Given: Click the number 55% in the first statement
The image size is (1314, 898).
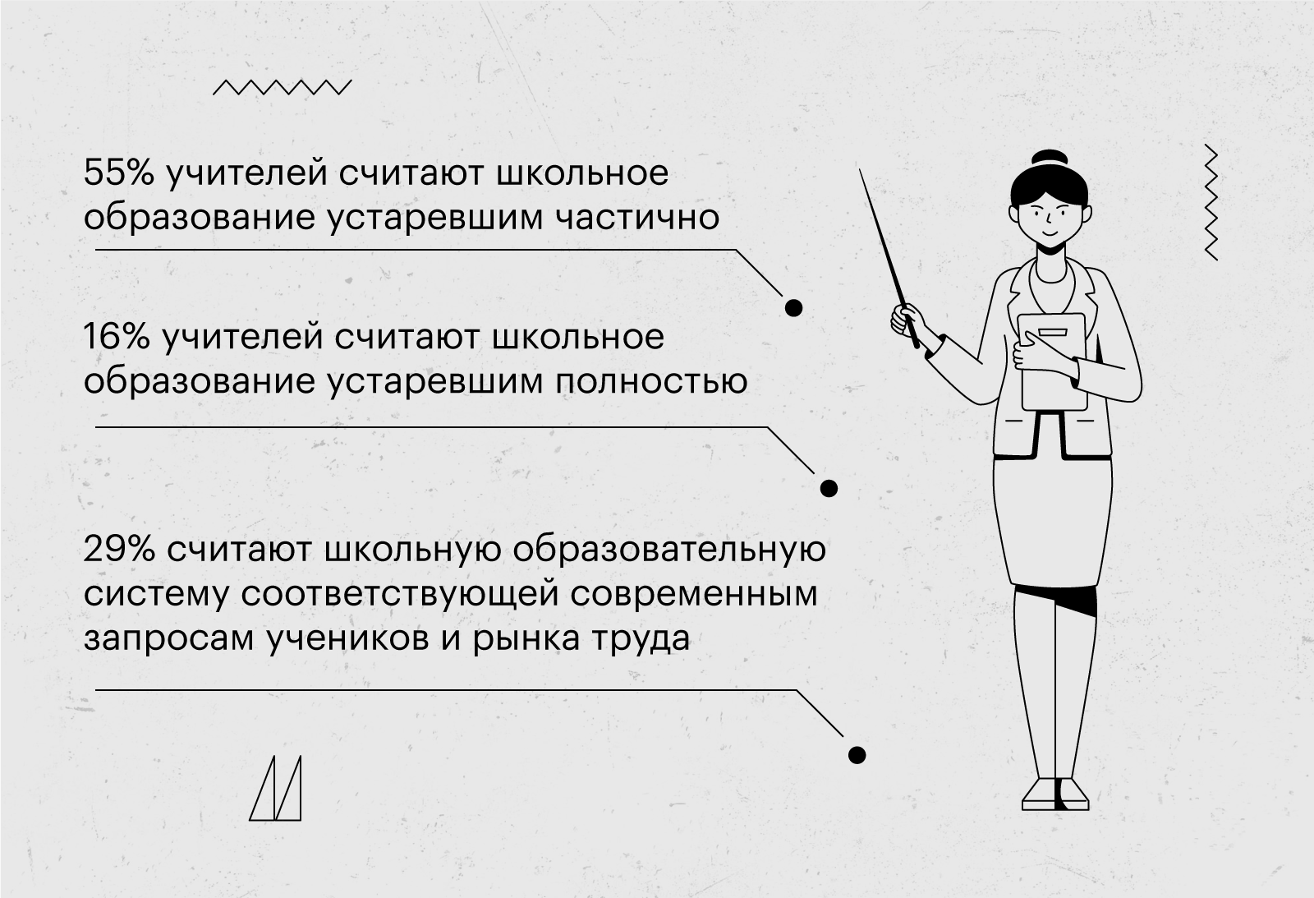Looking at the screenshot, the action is [x=118, y=173].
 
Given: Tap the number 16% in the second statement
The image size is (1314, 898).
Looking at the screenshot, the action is [x=117, y=338].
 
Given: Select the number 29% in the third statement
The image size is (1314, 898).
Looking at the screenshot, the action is [x=119, y=550].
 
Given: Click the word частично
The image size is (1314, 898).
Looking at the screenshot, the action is [x=637, y=217].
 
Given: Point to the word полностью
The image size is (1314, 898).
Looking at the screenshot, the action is [x=651, y=381].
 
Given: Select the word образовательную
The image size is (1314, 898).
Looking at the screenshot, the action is [x=669, y=550].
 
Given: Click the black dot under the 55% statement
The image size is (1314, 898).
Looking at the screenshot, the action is [x=793, y=307].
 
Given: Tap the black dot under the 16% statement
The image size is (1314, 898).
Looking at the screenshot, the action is [x=829, y=488].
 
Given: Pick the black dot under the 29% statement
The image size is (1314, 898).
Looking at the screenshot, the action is [x=857, y=755].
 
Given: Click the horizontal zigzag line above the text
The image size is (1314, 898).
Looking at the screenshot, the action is [x=283, y=87].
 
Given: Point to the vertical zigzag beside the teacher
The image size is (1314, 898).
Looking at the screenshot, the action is [x=1211, y=202].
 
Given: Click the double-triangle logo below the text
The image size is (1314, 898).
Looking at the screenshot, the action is [x=275, y=788].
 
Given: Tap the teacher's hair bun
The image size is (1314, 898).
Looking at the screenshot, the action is [x=1050, y=159].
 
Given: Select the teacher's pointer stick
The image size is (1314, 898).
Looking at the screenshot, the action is [x=888, y=259].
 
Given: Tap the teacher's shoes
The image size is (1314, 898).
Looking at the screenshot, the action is [x=1055, y=794].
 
